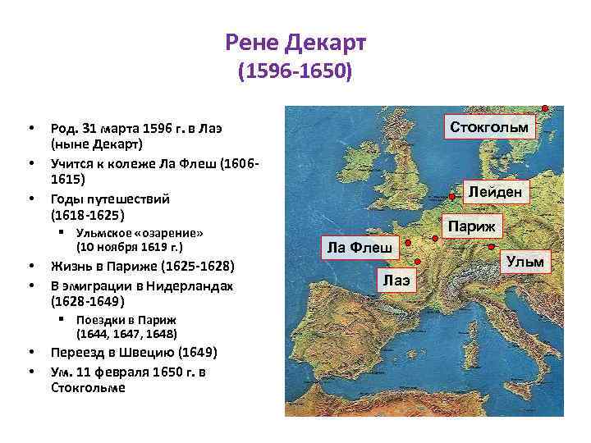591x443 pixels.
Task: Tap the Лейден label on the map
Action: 495,193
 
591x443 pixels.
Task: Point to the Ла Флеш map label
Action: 359,248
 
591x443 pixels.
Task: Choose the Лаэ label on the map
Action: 396,281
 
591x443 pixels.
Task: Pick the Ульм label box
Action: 525,263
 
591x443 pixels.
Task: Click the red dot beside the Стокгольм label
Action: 545,107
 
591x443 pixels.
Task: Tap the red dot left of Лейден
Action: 451,197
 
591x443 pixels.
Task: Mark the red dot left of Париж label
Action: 434,238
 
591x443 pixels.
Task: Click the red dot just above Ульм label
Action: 490,247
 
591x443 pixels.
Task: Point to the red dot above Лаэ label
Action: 419,261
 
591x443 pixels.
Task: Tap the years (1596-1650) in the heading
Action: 295,73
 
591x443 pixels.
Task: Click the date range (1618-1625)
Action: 88,215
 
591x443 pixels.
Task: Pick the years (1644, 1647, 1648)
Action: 126,334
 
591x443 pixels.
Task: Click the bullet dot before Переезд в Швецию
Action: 30,353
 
